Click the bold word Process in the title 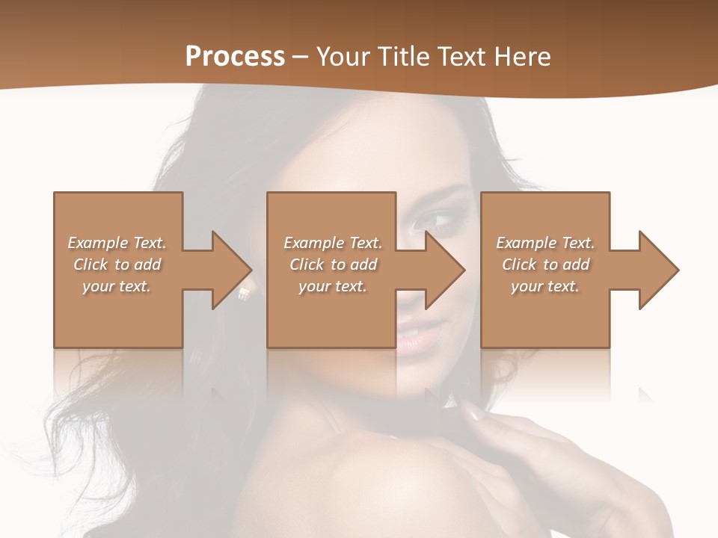235,57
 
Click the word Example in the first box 98,243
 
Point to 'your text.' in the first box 117,286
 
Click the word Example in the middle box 314,243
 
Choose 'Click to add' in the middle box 333,265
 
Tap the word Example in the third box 527,243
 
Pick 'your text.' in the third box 545,286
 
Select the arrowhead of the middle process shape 444,270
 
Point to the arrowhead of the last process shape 658,270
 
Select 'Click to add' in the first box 117,265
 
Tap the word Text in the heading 457,57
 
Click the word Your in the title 343,57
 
